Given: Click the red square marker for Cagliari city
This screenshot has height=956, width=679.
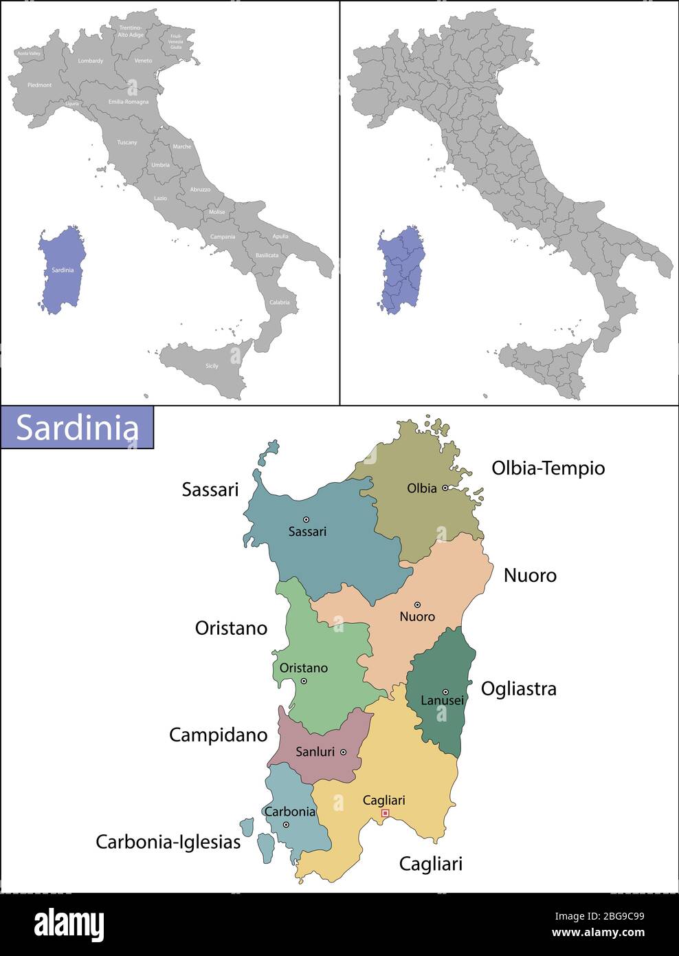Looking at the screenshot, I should coord(385,813).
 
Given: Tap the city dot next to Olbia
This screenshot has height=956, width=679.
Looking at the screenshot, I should coord(445,488).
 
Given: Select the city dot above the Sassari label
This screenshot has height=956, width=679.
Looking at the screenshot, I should coord(306,519).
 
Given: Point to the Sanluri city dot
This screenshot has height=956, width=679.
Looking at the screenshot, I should coord(343,752).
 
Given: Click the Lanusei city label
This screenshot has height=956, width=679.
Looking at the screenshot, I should coord(442,701).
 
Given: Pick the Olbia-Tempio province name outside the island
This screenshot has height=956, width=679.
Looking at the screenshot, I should coord(548,468).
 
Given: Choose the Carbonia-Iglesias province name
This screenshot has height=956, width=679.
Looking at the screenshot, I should coord(168,842).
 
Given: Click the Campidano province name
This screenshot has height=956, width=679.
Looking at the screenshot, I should coord(218,735).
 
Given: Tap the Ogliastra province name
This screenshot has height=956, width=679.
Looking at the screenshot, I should coord(518,688).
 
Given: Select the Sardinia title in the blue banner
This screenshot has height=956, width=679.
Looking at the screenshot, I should coord(77,428).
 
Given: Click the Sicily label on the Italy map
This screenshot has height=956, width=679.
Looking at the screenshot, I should coord(212,366).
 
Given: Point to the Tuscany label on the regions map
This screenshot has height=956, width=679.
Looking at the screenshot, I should coord(126,142).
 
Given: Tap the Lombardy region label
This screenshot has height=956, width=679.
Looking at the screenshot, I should coord(90,61).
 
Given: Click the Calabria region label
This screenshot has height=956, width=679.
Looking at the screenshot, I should coord(279,303).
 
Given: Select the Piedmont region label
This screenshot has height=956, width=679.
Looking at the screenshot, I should coord(39,85).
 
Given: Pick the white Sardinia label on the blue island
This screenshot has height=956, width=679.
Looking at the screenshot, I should coord(63,270).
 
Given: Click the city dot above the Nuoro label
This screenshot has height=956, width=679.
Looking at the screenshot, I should coord(417,605).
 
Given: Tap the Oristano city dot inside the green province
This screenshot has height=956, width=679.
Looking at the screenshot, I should coord(303,681).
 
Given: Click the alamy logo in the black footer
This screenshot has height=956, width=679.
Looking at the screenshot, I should coord(69,925).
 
